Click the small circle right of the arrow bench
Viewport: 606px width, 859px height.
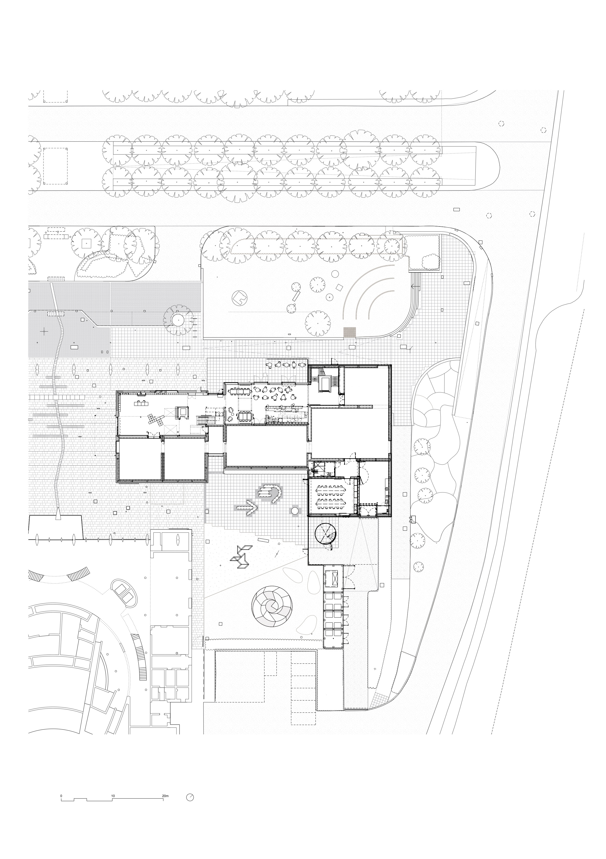tap(295, 510)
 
